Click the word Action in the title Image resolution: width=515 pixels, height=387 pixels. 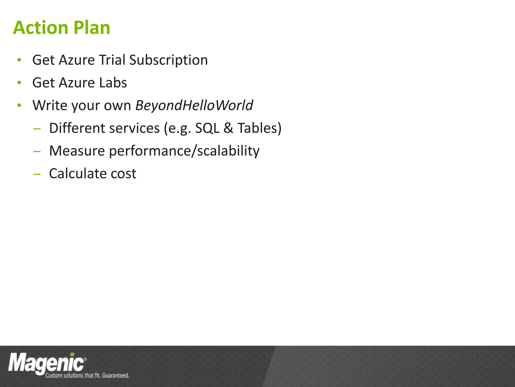click(x=40, y=28)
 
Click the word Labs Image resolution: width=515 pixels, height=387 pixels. click(x=113, y=83)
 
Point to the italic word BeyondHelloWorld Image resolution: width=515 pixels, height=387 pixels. click(x=194, y=105)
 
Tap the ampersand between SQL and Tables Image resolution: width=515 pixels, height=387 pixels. click(x=228, y=128)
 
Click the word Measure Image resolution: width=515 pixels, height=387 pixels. click(x=77, y=151)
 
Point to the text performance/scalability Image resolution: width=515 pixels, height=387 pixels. click(x=184, y=151)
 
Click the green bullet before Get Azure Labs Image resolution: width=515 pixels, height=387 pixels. click(x=19, y=83)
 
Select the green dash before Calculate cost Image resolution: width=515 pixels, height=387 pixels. click(x=37, y=174)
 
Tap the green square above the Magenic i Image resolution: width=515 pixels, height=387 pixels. click(x=72, y=354)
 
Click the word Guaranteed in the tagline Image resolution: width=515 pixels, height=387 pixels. click(x=115, y=375)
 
